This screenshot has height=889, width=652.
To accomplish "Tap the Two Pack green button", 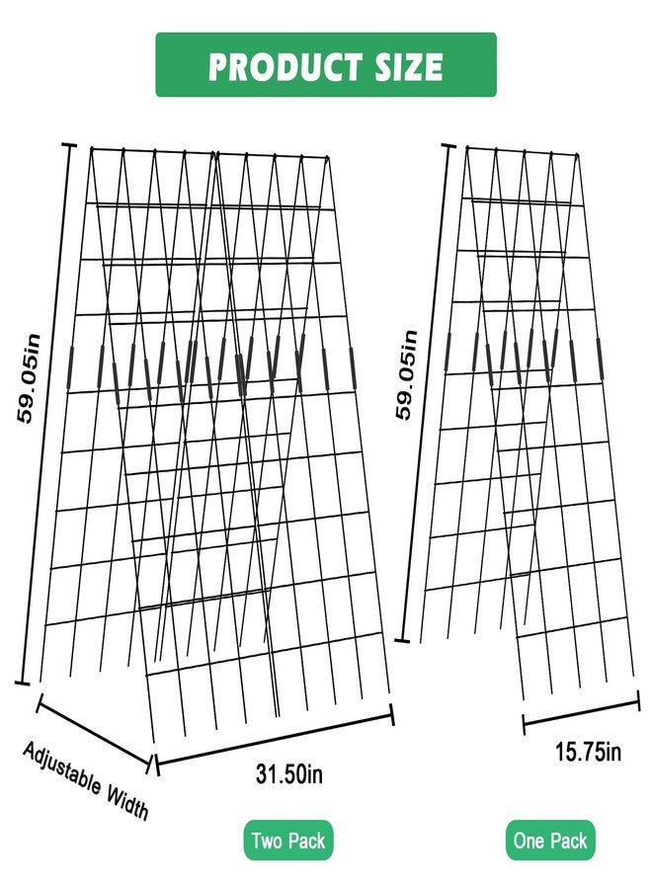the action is pos(288,840).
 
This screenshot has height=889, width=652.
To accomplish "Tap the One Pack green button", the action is pos(550,840).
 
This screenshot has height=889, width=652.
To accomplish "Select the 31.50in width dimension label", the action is pos(289,773).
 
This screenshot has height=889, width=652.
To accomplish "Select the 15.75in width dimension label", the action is pos(588,752).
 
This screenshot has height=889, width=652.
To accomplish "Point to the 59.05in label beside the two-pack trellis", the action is pos(29,378).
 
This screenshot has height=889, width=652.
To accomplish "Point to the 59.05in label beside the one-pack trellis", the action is pos(406,374).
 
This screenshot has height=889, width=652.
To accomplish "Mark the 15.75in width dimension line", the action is pos(581,711).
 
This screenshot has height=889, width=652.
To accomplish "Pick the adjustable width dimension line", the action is pos(94,732).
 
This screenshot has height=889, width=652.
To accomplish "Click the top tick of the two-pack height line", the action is pos(68,146).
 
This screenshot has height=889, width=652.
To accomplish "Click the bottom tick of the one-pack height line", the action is pos(402,641).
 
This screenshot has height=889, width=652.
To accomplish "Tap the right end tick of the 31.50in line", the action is pos(391,714).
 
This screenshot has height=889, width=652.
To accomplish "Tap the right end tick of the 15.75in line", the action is pos(639,700).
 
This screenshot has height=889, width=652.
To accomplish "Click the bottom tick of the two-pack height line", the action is pos(22,683).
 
